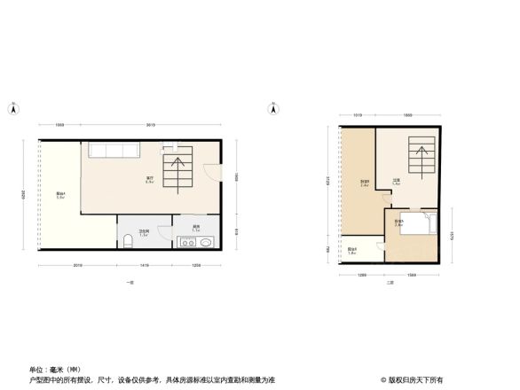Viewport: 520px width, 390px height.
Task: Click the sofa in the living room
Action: coord(111,152)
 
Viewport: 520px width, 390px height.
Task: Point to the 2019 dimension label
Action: coord(77,265)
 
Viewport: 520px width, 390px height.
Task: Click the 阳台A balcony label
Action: coord(59,196)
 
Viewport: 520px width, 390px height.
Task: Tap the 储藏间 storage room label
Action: coord(364,183)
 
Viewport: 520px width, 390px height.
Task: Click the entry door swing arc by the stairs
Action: coord(211,173)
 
